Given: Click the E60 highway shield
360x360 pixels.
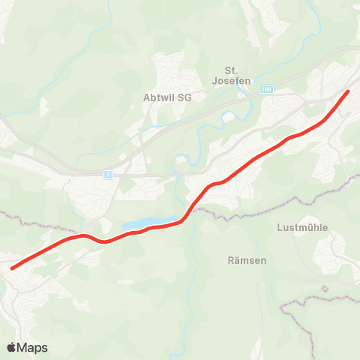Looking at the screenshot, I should tap(267, 89).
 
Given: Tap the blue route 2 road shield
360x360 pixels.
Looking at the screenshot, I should tap(109, 174).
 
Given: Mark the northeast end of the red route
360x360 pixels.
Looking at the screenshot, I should tap(348, 91).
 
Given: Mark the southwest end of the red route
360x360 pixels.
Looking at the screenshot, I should tap(13, 267).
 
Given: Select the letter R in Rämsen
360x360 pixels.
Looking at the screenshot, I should tap(230, 260).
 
